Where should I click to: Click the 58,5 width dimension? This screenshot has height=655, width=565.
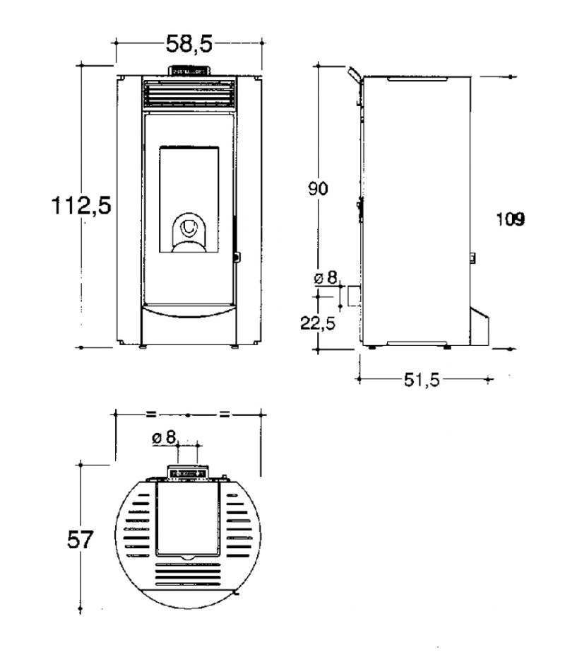pyautogui.click(x=189, y=43)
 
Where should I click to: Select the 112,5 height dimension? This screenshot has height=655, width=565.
pyautogui.click(x=81, y=206)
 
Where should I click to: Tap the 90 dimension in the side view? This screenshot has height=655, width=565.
pyautogui.click(x=318, y=189)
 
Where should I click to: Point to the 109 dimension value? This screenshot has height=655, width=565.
pyautogui.click(x=511, y=219)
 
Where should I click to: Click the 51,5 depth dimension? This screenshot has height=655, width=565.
pyautogui.click(x=422, y=380)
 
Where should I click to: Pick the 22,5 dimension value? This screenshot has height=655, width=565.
pyautogui.click(x=318, y=323)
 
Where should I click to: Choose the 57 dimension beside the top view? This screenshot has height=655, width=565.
pyautogui.click(x=80, y=540)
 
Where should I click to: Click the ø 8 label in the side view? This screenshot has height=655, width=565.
pyautogui.click(x=326, y=278)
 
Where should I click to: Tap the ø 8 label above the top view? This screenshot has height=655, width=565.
pyautogui.click(x=164, y=438)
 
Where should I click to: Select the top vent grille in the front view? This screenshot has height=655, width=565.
pyautogui.click(x=189, y=93)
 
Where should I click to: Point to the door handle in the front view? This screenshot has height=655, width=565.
pyautogui.click(x=237, y=257)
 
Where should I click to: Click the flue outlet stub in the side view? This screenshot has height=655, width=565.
pyautogui.click(x=354, y=296)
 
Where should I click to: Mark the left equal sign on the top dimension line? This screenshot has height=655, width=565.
pyautogui.click(x=151, y=415)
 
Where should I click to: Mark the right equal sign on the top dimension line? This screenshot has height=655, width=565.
pyautogui.click(x=225, y=415)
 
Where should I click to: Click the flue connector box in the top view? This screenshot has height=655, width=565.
pyautogui.click(x=188, y=473)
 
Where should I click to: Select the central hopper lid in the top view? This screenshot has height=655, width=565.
pyautogui.click(x=188, y=521)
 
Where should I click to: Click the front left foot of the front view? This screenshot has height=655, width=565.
pyautogui.click(x=143, y=347)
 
